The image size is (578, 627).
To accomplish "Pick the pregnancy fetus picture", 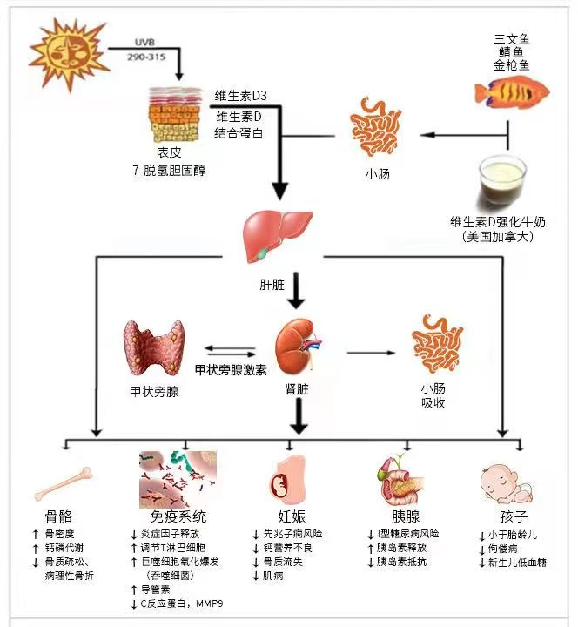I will pyautogui.click(x=291, y=481).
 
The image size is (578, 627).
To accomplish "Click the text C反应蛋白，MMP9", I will pyautogui.click(x=178, y=603).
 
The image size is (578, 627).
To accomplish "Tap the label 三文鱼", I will pyautogui.click(x=513, y=37).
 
